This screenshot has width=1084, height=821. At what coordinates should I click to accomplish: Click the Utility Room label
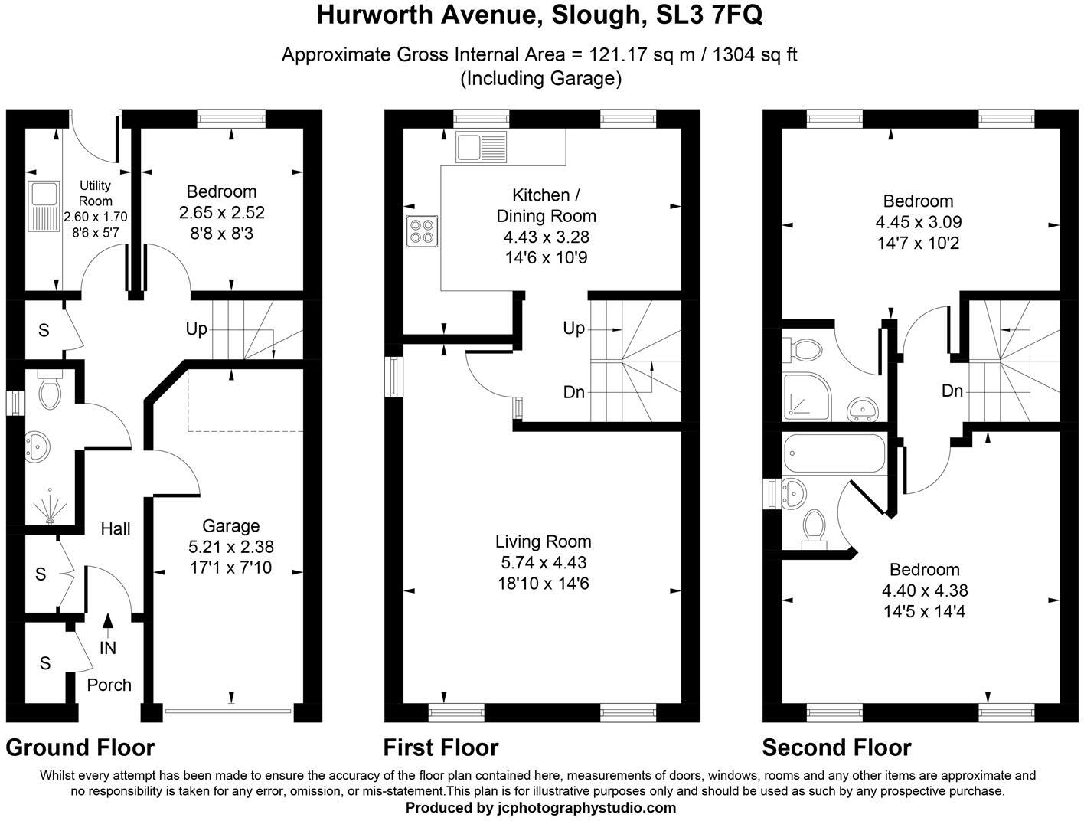point(96,192)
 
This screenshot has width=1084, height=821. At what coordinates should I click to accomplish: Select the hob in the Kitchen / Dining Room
point(422,231)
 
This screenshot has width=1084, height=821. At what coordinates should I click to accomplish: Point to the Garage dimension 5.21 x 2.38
point(230,547)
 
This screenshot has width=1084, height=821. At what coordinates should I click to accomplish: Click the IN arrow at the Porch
point(108,626)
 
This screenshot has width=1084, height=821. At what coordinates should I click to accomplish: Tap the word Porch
point(109,685)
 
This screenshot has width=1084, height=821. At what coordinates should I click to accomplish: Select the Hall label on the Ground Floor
point(116,528)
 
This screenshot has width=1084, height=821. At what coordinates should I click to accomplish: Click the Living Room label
point(543,541)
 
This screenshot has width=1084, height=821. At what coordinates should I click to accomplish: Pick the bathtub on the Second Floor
point(834,454)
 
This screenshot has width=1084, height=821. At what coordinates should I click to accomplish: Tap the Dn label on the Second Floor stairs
point(952,391)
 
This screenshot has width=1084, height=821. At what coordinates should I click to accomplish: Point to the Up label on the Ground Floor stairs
point(197,329)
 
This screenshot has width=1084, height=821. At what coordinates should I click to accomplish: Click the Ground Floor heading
point(80,747)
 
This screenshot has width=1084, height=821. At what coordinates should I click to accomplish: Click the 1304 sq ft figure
point(755,54)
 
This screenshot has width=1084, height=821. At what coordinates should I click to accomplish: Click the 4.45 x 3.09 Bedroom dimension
point(918,222)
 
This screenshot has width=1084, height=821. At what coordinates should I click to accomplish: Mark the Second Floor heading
point(837,747)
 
